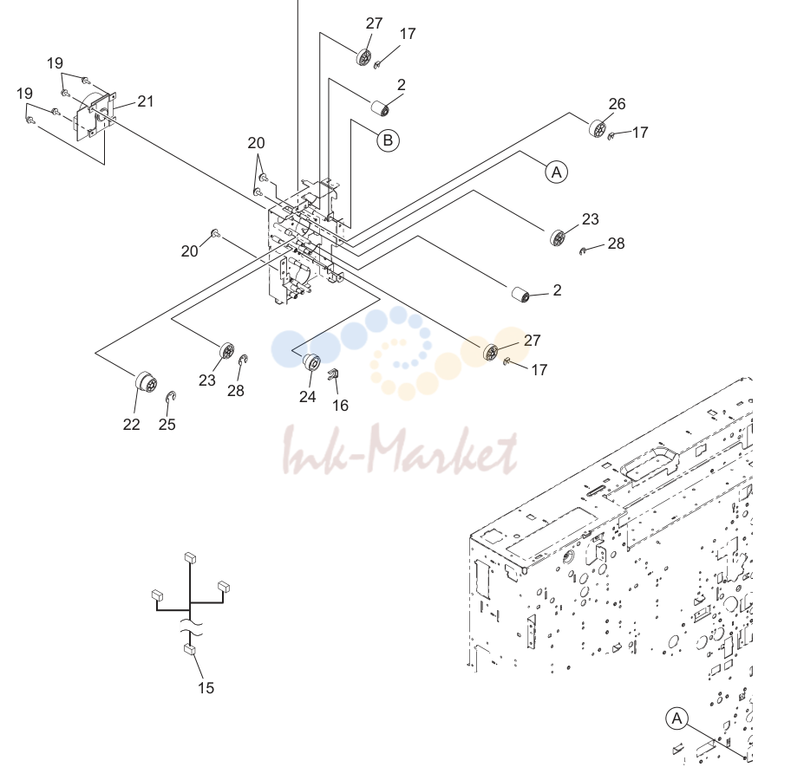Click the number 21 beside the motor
[x=146, y=101]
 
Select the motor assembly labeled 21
[x=96, y=116]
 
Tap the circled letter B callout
[x=389, y=140]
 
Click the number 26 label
[x=617, y=104]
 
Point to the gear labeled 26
[x=598, y=128]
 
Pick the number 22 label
[x=131, y=425]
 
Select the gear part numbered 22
[x=146, y=382]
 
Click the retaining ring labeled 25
[x=171, y=397]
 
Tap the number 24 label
[x=308, y=397]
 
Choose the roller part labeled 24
[x=311, y=361]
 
